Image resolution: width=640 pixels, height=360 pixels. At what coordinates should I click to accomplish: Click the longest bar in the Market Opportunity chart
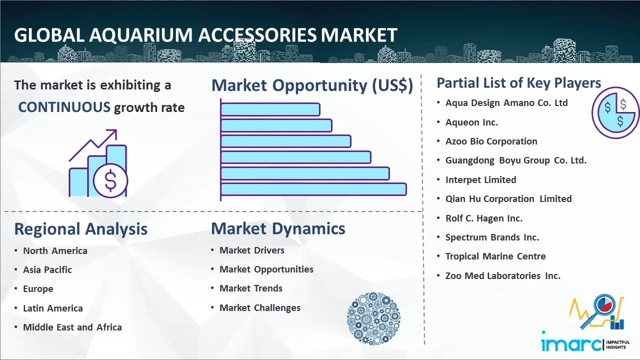click(x=313, y=189)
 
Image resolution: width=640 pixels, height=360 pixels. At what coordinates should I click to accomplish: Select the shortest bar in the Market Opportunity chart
click(x=270, y=109)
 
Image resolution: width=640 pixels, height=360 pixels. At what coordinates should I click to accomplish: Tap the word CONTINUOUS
click(x=64, y=107)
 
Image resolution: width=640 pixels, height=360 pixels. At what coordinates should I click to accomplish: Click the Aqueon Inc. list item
click(x=471, y=122)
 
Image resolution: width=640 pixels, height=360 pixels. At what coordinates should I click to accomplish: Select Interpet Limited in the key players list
click(x=481, y=179)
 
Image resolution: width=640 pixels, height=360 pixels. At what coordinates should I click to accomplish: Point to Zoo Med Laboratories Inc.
click(x=503, y=275)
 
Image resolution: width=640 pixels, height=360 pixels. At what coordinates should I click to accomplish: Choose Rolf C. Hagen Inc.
click(x=484, y=218)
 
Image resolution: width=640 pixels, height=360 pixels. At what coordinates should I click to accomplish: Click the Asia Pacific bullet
click(x=47, y=269)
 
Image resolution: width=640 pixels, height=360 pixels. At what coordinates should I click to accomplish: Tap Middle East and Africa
click(x=72, y=327)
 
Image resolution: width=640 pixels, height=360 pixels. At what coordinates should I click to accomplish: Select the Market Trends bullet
click(x=251, y=288)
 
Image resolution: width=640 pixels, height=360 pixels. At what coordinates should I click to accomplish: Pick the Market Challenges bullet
click(x=260, y=307)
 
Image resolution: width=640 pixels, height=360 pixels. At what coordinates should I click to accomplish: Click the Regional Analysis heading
click(x=81, y=229)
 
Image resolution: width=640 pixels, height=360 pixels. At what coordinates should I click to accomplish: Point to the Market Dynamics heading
click(x=278, y=228)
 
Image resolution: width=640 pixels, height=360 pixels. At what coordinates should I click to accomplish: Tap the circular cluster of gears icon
click(x=373, y=318)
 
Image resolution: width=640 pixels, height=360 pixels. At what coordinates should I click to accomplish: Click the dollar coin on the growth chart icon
click(x=110, y=181)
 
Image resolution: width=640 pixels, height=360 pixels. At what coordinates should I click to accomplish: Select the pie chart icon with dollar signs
click(x=615, y=113)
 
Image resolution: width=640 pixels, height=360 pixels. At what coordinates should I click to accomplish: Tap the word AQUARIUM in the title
click(x=141, y=35)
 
